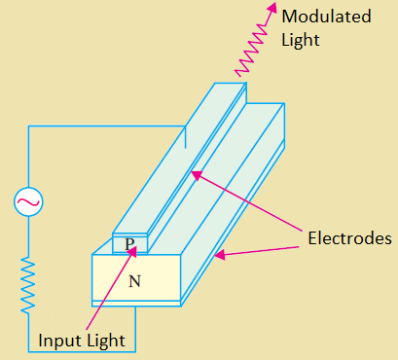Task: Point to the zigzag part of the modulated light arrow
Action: [x=251, y=51]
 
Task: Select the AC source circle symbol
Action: [x=26, y=202]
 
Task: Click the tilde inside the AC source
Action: [x=26, y=202]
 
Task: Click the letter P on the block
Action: [x=129, y=244]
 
